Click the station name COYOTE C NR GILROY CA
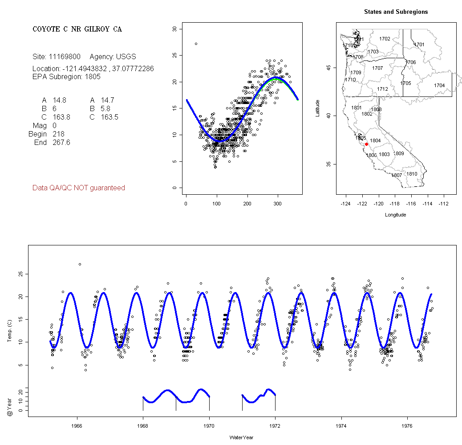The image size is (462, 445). (77, 29)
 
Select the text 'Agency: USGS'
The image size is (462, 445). (113, 57)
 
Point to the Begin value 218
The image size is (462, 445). (58, 134)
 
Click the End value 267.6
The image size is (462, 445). (61, 142)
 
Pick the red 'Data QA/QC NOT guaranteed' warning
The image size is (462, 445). (78, 188)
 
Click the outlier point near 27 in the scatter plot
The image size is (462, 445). (196, 44)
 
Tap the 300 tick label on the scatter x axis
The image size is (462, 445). (278, 204)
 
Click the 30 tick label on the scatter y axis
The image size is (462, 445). (174, 29)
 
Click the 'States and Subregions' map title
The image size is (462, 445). (396, 12)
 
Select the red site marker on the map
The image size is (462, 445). (366, 144)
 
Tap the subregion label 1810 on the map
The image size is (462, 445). (412, 174)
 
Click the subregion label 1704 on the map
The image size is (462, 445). (439, 85)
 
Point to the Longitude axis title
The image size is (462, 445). (395, 215)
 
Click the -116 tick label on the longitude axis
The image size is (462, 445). (411, 204)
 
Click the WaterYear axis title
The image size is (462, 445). (242, 437)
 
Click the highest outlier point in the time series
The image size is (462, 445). (80, 264)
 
